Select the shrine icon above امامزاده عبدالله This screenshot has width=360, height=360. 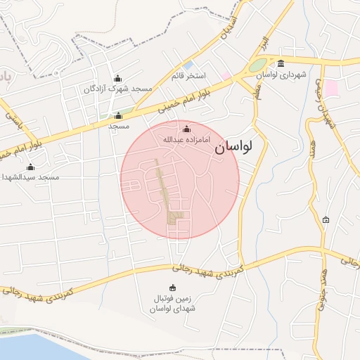[186, 129]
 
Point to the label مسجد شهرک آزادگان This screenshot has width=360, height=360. [118, 89]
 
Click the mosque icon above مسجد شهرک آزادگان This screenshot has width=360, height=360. [117, 78]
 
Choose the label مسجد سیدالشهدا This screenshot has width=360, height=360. [30, 177]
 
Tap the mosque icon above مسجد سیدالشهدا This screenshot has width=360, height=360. [30, 167]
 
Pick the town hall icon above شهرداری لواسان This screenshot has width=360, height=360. [281, 63]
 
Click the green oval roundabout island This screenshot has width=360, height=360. [257, 66]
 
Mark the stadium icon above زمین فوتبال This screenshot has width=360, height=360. [174, 288]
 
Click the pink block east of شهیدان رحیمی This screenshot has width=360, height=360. [331, 89]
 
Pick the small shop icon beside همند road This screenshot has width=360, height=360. [325, 220]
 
